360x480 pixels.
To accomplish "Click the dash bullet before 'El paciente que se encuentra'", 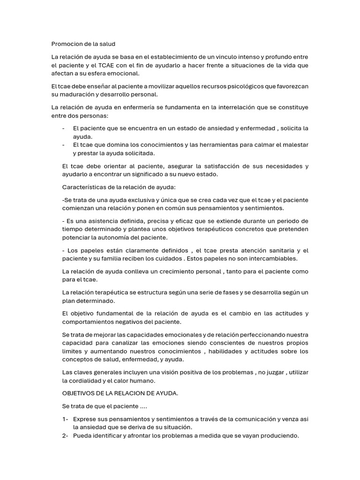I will (63, 128).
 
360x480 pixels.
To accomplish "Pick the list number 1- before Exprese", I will (65, 419).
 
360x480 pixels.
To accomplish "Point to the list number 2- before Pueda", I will (65, 435).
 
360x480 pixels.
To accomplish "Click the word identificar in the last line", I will (107, 435).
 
